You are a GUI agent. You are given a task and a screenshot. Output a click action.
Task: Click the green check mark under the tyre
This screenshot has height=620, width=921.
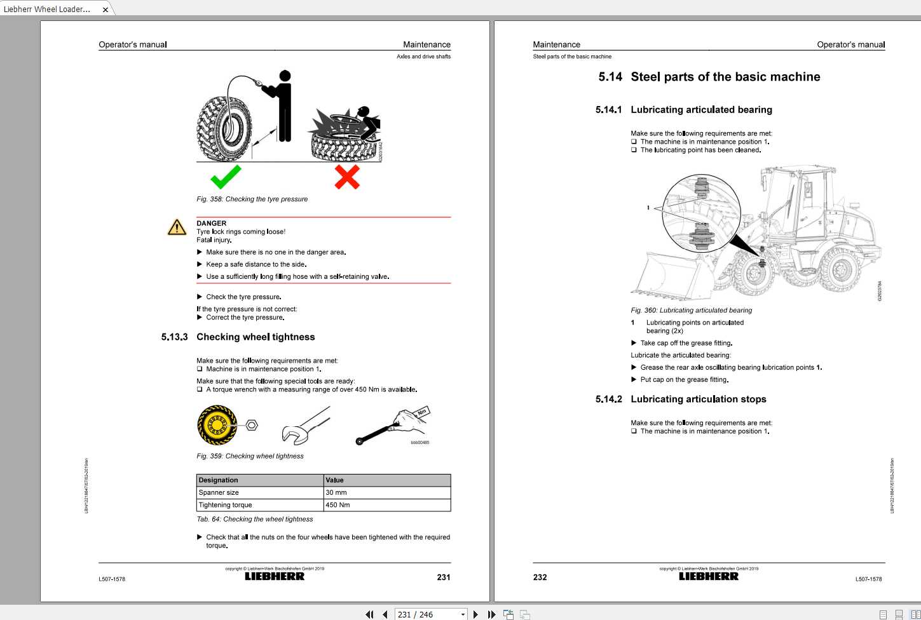pos(226,177)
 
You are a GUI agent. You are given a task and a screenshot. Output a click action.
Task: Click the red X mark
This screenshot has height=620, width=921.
pos(347,177)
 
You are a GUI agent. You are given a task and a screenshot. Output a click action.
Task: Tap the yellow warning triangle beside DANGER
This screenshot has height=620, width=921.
pos(176,227)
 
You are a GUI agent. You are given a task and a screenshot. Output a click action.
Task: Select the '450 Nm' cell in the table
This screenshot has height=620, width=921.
pos(338,505)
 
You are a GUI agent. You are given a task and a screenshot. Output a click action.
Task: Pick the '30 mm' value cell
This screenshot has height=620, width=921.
pos(336,492)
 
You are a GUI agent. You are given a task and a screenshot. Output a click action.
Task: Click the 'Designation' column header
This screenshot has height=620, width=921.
pos(218,480)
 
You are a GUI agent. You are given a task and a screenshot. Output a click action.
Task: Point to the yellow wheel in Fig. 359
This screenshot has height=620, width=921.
pos(216,425)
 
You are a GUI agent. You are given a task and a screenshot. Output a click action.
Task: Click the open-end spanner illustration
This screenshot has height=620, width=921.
pos(305,426)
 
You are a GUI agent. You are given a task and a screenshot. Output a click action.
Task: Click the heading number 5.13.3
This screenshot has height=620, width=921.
pos(174,337)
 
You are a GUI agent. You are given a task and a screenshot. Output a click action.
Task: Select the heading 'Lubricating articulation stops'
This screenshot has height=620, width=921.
pos(698,399)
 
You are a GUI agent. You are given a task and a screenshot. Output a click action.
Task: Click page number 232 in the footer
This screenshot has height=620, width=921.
pos(540,577)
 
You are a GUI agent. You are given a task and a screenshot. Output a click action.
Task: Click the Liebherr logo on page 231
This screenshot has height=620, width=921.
pos(275,577)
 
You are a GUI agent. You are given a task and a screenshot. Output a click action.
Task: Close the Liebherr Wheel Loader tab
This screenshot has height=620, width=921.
pos(106,10)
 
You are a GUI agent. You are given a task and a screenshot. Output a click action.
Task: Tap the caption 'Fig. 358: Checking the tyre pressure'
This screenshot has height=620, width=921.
pos(252,199)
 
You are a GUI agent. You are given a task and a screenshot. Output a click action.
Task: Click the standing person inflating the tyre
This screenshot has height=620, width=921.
pos(283,105)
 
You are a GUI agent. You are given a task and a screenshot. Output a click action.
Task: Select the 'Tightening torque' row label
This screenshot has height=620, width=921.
pos(225,505)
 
